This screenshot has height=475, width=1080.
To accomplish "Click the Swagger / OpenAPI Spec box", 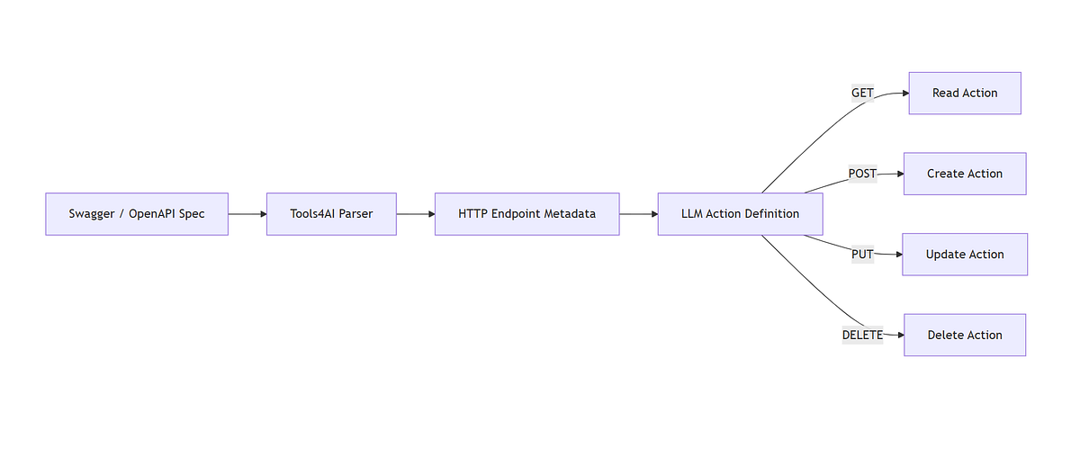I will [x=137, y=214].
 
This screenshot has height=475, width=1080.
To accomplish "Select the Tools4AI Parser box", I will [x=331, y=214].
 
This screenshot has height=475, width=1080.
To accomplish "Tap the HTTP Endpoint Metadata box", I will [x=526, y=214].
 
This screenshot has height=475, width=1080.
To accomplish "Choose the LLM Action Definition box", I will [x=740, y=214].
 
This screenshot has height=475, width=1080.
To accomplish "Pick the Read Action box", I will [x=965, y=93].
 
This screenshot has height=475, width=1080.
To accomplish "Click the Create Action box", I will [x=965, y=174].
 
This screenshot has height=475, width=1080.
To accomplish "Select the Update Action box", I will [x=965, y=255].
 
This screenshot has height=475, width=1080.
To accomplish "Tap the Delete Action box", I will [x=965, y=335].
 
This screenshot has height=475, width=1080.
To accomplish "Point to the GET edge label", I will [x=862, y=93].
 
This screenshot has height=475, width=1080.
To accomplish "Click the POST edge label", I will [x=862, y=174].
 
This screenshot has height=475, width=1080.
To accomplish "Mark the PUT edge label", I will [x=862, y=255].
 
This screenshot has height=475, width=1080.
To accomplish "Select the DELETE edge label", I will [x=862, y=335].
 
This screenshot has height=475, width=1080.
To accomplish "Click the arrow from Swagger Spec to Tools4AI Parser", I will [x=247, y=214].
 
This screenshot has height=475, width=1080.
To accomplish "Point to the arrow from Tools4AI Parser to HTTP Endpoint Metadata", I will [x=416, y=214].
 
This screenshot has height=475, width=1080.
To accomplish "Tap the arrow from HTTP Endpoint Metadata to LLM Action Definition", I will [x=639, y=214].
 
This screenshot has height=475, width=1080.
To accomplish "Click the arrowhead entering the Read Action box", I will [x=904, y=93].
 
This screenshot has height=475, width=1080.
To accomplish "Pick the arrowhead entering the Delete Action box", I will [x=899, y=335].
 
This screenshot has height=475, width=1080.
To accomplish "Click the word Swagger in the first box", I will [x=91, y=214].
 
